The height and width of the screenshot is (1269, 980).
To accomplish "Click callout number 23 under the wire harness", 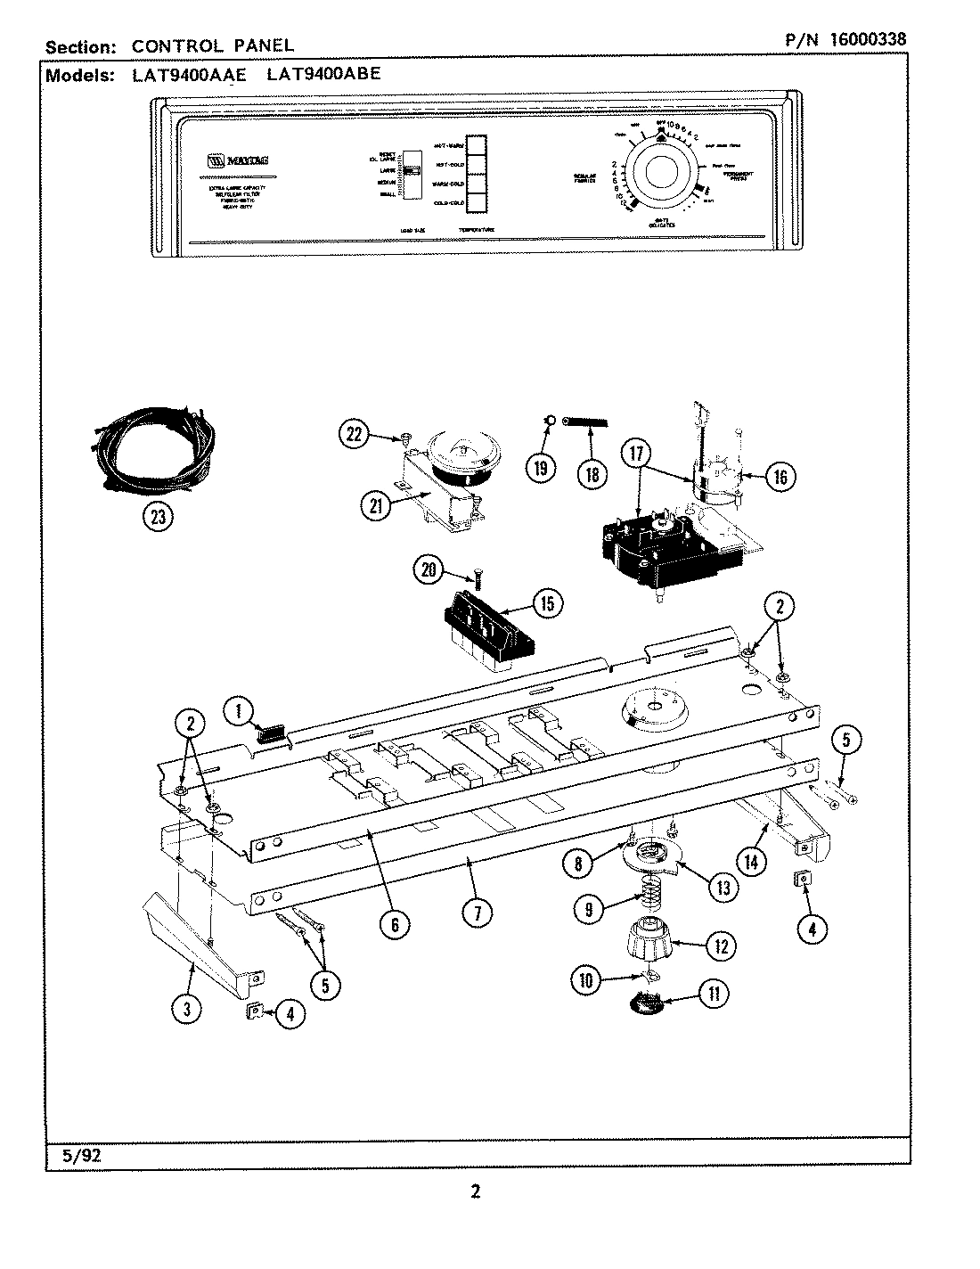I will [158, 518].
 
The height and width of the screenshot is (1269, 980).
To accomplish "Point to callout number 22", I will [355, 434].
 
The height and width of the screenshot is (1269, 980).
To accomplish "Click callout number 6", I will [395, 924].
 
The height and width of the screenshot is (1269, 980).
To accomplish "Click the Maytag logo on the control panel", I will [237, 161].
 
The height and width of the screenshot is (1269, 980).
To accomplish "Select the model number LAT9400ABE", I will [323, 74].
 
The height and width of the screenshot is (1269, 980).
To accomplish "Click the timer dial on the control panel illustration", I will [660, 175].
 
